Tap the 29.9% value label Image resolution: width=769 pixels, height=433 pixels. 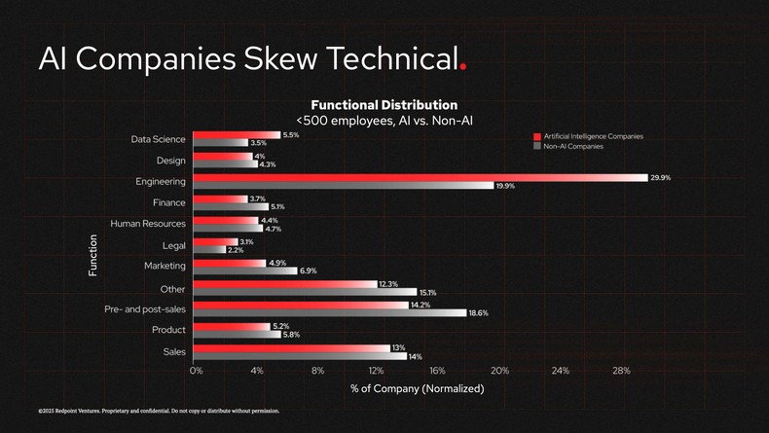tap(661, 177)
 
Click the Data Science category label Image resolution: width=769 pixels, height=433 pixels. tap(159, 139)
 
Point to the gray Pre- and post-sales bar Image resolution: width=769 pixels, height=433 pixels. tap(330, 312)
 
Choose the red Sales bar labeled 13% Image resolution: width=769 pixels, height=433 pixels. tap(291, 347)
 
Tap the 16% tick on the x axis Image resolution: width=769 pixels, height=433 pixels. tap(437, 371)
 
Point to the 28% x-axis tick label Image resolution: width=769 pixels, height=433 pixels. tap(621, 371)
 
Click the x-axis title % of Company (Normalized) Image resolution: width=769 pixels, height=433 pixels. tap(417, 388)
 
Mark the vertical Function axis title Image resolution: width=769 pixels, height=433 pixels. tap(93, 255)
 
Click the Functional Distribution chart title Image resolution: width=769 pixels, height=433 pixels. tap(384, 104)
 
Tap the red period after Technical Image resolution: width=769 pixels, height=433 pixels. tap(463, 66)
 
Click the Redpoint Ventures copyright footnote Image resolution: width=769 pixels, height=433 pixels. tap(159, 411)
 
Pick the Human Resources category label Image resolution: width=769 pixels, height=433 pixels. tap(148, 224)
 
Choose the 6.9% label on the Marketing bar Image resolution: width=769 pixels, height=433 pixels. tap(308, 271)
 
